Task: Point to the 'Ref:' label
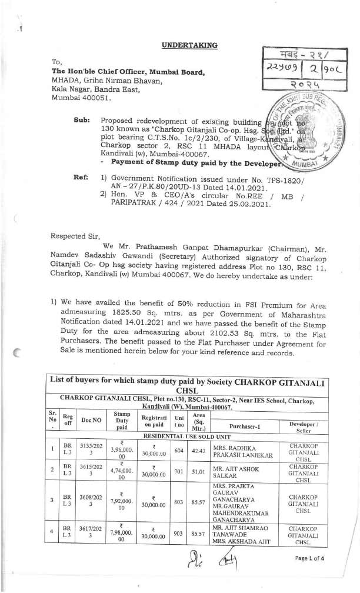81,176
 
